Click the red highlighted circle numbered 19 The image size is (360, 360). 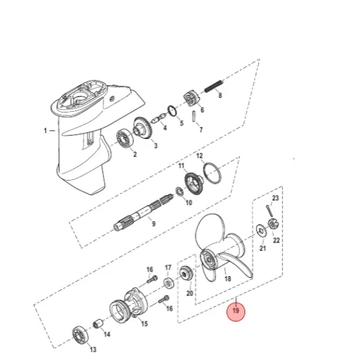pos(236,311)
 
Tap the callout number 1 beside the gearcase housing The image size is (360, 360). pos(45,131)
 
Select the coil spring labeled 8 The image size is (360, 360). pos(213,87)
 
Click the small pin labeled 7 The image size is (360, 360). pos(195,116)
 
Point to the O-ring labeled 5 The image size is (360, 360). pos(172,111)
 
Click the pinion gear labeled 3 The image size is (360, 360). pos(142,128)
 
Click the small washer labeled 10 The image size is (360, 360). pos(179,192)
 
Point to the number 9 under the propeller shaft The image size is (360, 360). pos(153,224)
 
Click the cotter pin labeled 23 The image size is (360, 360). pos(270,211)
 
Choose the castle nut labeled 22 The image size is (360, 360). pos(272,224)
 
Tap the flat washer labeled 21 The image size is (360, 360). pos(261,231)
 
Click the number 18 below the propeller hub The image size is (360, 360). pos(227,279)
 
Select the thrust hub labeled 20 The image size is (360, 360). pos(186,273)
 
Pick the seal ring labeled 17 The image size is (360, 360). pos(169,284)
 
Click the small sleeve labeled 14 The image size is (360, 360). pos(99,324)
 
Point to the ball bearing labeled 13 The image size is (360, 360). pos(80,335)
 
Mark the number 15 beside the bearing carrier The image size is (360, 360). pos(145,324)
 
